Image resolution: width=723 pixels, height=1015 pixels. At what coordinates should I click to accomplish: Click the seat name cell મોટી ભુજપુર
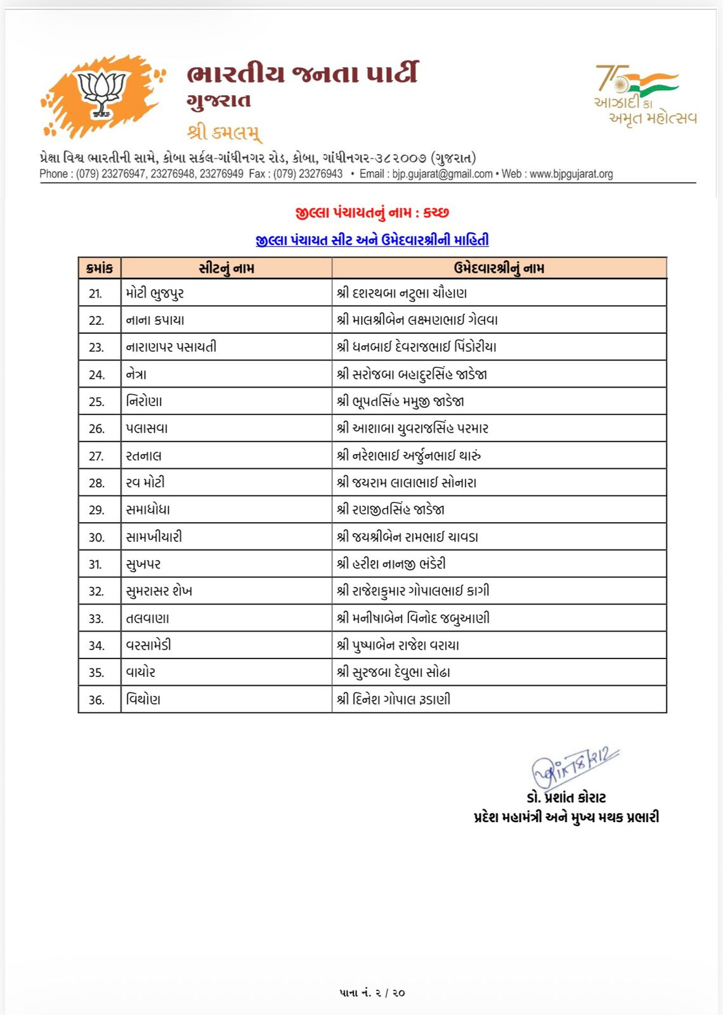click(x=155, y=293)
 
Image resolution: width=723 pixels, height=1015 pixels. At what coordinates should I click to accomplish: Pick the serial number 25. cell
click(x=96, y=402)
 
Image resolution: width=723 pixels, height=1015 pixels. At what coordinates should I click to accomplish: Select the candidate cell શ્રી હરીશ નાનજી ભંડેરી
click(x=391, y=564)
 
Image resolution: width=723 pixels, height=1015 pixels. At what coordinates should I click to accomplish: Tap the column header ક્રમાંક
click(x=100, y=268)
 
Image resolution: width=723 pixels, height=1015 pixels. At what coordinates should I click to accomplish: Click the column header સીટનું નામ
click(x=226, y=268)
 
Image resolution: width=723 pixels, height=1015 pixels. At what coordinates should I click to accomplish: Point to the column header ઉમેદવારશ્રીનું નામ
click(x=499, y=268)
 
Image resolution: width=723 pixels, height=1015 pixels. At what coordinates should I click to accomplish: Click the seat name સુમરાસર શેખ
click(x=159, y=591)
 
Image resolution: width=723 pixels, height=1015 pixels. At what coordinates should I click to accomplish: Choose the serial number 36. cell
click(x=96, y=700)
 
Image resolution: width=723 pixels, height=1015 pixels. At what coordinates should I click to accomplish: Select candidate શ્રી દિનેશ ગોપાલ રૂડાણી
click(x=394, y=700)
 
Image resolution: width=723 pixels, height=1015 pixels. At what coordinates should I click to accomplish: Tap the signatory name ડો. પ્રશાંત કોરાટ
click(x=566, y=797)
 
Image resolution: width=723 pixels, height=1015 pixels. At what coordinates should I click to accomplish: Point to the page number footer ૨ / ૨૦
click(x=372, y=993)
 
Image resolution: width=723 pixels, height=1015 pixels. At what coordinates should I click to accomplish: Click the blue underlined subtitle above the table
click(x=372, y=240)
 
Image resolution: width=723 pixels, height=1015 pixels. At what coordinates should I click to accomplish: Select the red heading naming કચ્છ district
click(x=372, y=213)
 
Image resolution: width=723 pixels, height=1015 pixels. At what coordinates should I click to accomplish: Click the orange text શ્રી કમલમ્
click(x=224, y=133)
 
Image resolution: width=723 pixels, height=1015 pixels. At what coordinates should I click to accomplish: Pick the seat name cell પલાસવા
click(x=147, y=429)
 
